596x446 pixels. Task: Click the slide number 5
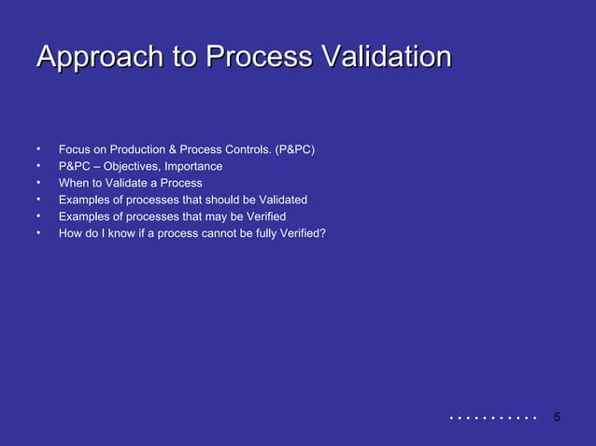(x=557, y=416)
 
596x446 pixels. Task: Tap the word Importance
(x=193, y=166)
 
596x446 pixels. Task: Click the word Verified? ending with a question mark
(x=302, y=233)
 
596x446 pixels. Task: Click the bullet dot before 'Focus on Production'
(x=39, y=147)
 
